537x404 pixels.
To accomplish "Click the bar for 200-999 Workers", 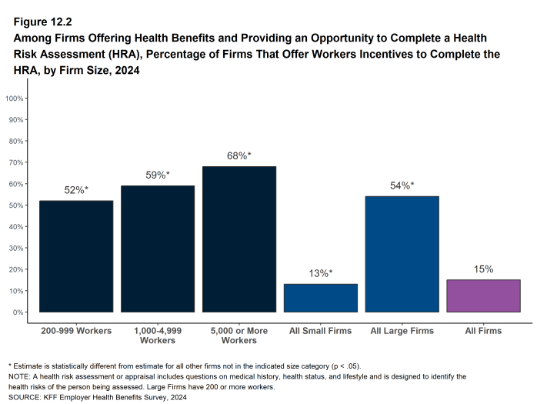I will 76,256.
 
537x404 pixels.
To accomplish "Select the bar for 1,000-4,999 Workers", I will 158,249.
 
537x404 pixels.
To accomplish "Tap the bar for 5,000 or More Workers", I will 239,239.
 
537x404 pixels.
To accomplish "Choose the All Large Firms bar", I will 402,254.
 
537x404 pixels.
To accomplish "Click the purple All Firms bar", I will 483,295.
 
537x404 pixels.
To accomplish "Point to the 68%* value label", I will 239,156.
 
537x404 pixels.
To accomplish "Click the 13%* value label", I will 321,273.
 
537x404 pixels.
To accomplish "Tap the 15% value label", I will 483,269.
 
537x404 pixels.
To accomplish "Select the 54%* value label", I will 402,185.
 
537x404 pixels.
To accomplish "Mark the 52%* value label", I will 76,190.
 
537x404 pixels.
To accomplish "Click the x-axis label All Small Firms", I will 321,331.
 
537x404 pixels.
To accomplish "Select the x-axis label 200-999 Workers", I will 76,331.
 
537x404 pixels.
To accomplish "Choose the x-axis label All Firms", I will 483,331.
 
